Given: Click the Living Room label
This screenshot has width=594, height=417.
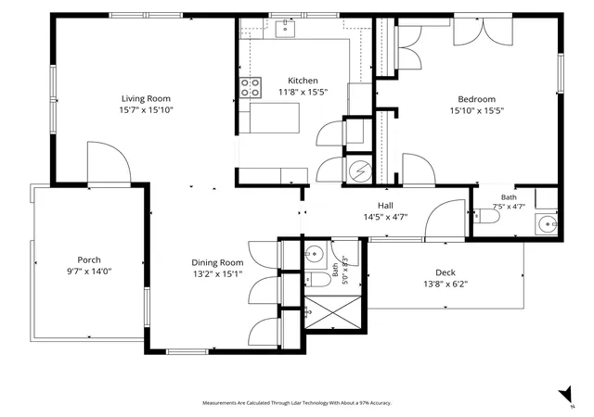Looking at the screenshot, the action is (x=146, y=99).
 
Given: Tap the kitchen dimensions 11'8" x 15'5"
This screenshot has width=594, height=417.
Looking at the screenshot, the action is (x=303, y=92).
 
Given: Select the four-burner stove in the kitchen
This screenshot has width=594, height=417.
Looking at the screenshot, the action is (x=251, y=88).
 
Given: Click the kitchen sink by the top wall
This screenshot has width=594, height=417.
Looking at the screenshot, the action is (x=285, y=29).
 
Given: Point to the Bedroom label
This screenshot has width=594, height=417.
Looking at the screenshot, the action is (x=476, y=99).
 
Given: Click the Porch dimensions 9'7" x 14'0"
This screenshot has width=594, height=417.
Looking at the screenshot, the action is (x=89, y=272).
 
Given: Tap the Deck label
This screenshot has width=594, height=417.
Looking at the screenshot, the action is (x=445, y=272).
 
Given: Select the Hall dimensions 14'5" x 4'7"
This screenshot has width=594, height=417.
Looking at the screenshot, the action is (x=386, y=217).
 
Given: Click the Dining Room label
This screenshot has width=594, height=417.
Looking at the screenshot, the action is (x=217, y=262).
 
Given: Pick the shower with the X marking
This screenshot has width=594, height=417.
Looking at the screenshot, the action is (x=333, y=312).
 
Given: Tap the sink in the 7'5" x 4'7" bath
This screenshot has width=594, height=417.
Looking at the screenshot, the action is (x=547, y=224).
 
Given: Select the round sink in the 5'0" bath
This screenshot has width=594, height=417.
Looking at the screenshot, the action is (x=314, y=253).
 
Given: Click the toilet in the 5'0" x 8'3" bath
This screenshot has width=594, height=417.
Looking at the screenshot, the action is (x=317, y=279).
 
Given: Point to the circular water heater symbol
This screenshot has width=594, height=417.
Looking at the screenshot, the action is (x=358, y=171).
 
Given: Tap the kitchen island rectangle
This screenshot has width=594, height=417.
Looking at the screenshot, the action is (x=275, y=118).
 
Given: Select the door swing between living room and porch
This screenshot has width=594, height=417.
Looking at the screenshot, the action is (x=110, y=162).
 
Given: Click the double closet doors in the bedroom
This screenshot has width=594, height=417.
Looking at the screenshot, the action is (x=483, y=32).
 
